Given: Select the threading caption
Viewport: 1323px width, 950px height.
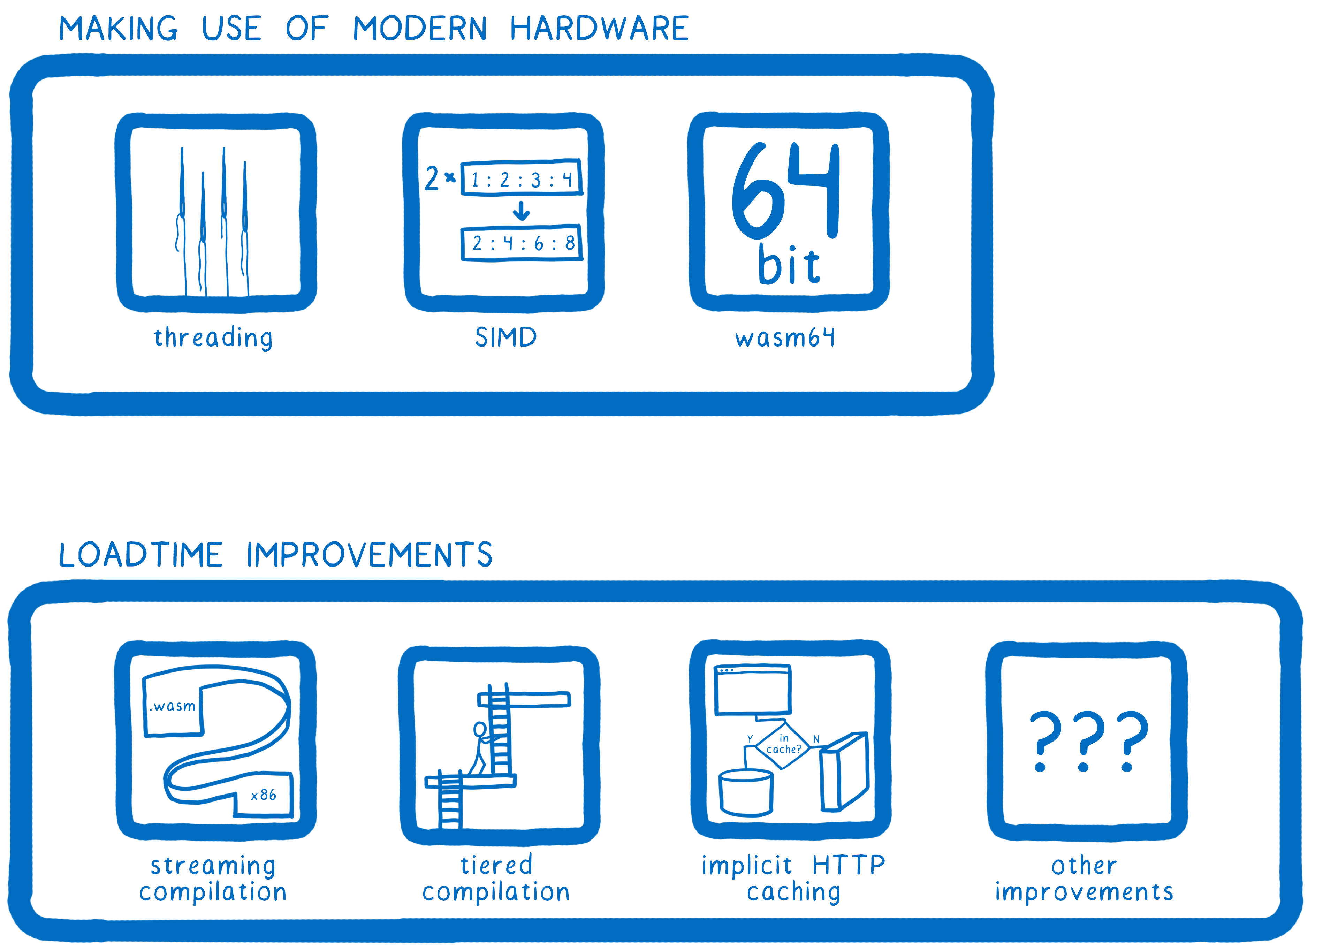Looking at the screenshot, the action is point(213,338).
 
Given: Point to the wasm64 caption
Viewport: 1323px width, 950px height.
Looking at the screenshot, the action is point(785,338).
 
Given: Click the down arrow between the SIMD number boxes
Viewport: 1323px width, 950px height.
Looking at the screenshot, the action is point(521,211).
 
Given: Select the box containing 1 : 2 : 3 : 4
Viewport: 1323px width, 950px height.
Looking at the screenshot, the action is point(522,178).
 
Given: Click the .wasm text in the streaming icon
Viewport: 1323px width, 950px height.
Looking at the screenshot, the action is point(173,707).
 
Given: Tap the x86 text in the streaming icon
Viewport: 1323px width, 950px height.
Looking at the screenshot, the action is point(263,796).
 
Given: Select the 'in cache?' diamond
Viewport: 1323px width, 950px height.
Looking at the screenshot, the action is point(783,745).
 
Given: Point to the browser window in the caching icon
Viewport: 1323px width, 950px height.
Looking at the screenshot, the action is point(753,690).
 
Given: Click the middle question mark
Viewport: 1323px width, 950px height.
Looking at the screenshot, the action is point(1084,740).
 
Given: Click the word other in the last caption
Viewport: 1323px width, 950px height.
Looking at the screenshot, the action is point(1084,866).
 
